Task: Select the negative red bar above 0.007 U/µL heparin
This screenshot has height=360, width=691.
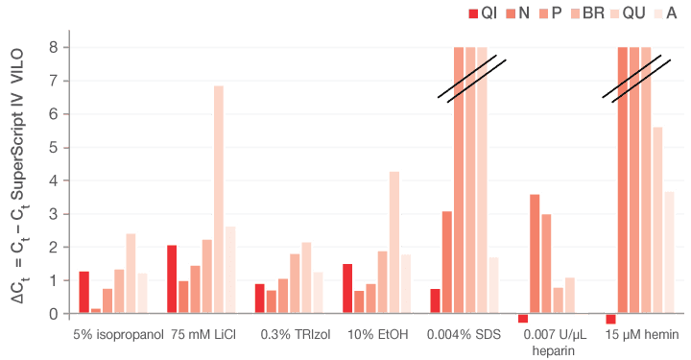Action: pyautogui.click(x=523, y=319)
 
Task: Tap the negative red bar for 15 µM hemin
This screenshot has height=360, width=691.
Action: pyautogui.click(x=610, y=320)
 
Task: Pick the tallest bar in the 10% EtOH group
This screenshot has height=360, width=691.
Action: pyautogui.click(x=393, y=241)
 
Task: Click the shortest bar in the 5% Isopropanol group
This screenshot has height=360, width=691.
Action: pyautogui.click(x=95, y=310)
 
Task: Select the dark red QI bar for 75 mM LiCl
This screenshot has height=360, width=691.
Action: pyautogui.click(x=171, y=278)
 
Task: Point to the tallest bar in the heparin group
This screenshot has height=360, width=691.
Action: pyautogui.click(x=535, y=253)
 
